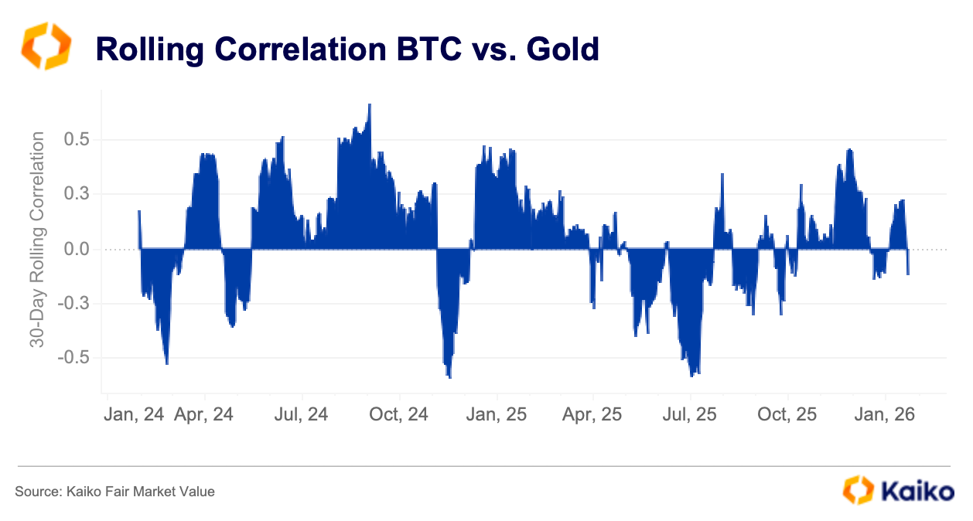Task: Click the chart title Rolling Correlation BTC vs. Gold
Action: (x=347, y=49)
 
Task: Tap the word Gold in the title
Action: (x=564, y=49)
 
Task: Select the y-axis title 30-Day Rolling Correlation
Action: (x=37, y=240)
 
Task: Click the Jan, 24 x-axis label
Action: (x=133, y=414)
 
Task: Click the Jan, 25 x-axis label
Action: (x=496, y=414)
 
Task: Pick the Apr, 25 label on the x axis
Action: (x=591, y=414)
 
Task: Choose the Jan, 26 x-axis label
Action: (x=883, y=414)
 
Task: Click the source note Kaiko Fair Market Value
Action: (x=114, y=491)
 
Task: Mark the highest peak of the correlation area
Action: (x=370, y=105)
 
